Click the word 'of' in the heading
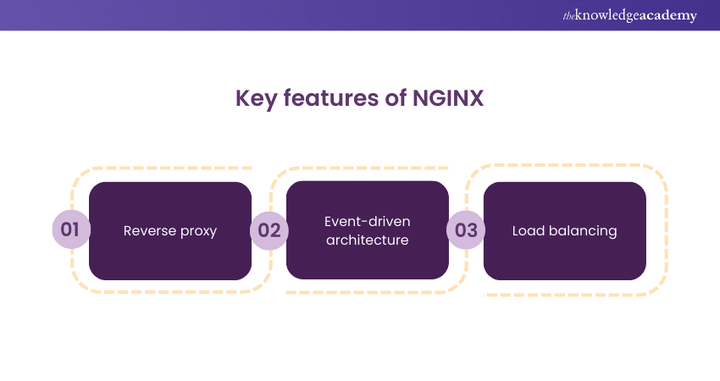[390, 99]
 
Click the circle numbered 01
[70, 230]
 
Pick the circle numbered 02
[269, 230]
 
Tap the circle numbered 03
[466, 230]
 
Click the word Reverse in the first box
[148, 230]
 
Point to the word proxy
[197, 231]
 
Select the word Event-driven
[367, 222]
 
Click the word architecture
[367, 240]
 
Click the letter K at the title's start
[241, 99]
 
